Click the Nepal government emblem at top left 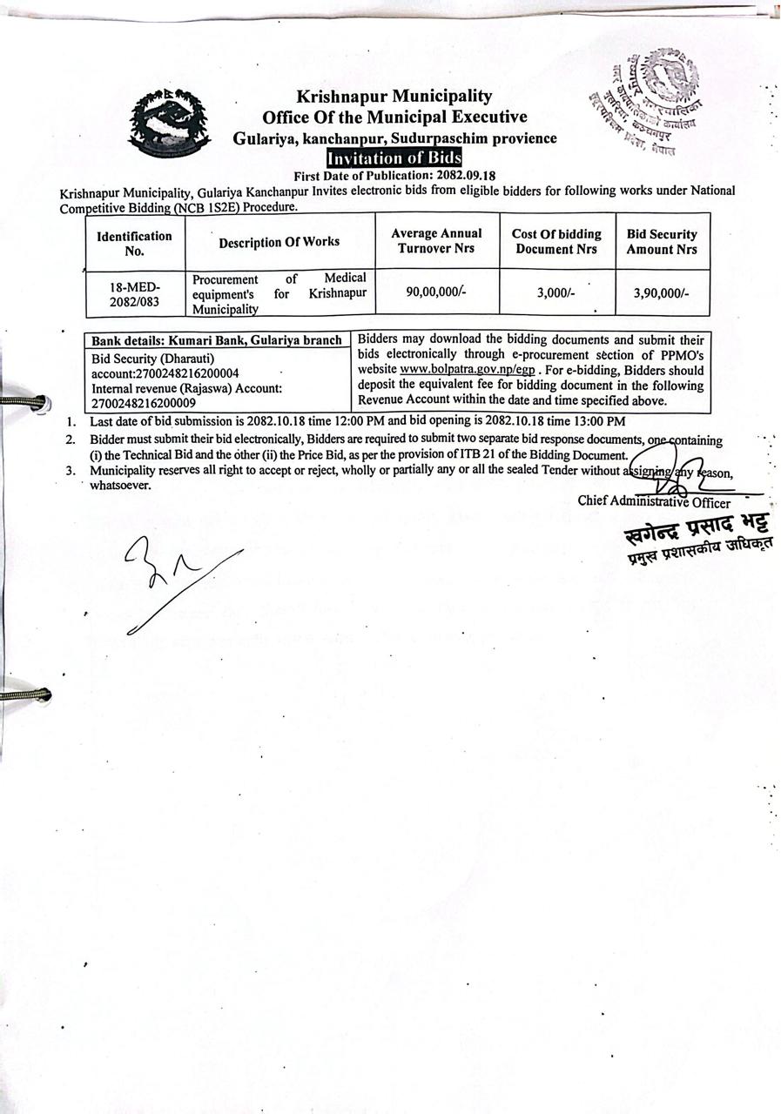(169, 123)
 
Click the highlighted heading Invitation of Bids (394, 158)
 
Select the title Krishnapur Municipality (394, 96)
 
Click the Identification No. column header (134, 243)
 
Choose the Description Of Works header (279, 242)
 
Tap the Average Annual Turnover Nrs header (436, 241)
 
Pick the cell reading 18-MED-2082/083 (134, 293)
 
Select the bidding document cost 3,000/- (556, 293)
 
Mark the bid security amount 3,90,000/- (662, 293)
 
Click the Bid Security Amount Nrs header (662, 241)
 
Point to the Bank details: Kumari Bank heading (217, 340)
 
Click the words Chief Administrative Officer (654, 501)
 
